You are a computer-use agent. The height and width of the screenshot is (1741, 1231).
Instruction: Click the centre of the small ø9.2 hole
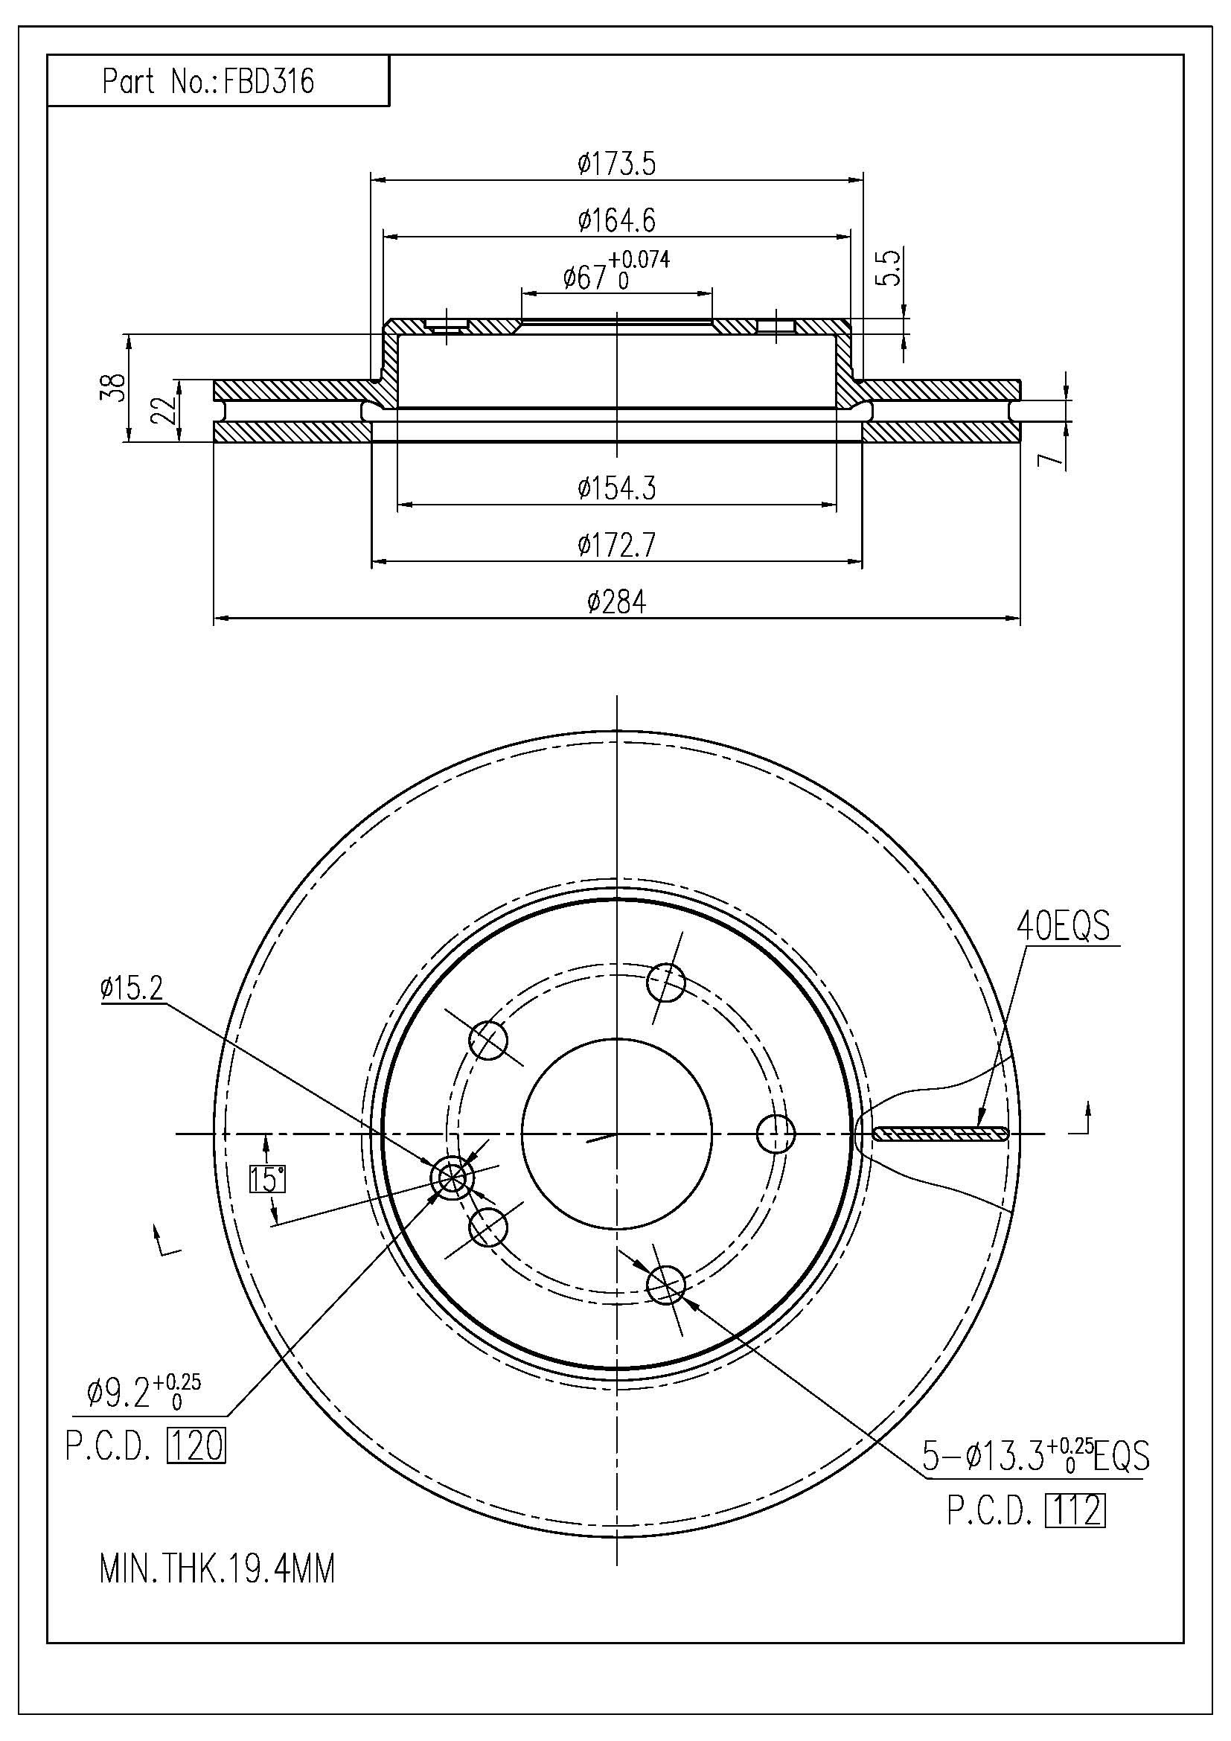pos(451,1178)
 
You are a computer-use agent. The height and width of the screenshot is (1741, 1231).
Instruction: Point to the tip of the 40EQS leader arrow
pos(978,1126)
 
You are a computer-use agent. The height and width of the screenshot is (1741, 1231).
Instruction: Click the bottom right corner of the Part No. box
pos(389,106)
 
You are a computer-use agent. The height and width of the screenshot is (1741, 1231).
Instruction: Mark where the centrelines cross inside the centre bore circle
pos(617,1134)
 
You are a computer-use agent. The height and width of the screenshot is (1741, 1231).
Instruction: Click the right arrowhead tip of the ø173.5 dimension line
pos(863,179)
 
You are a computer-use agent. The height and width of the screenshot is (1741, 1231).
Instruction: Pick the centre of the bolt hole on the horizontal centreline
pos(777,1134)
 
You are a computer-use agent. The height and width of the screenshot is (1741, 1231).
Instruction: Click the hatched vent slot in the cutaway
pos(941,1134)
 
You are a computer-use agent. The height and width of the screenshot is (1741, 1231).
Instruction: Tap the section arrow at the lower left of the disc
pos(165,1240)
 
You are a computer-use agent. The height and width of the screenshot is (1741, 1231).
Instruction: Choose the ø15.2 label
pos(131,988)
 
